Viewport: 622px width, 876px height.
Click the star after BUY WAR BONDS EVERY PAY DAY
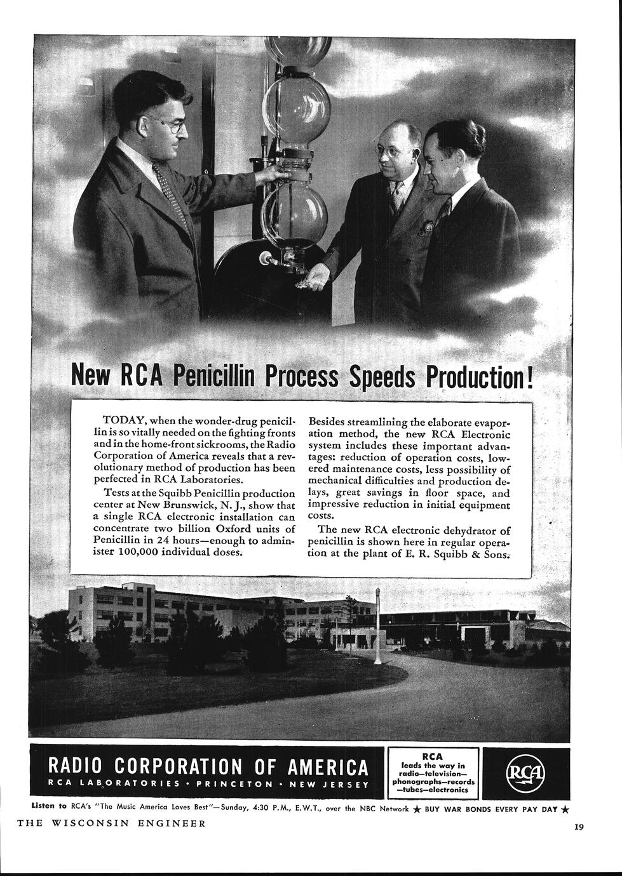565,809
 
